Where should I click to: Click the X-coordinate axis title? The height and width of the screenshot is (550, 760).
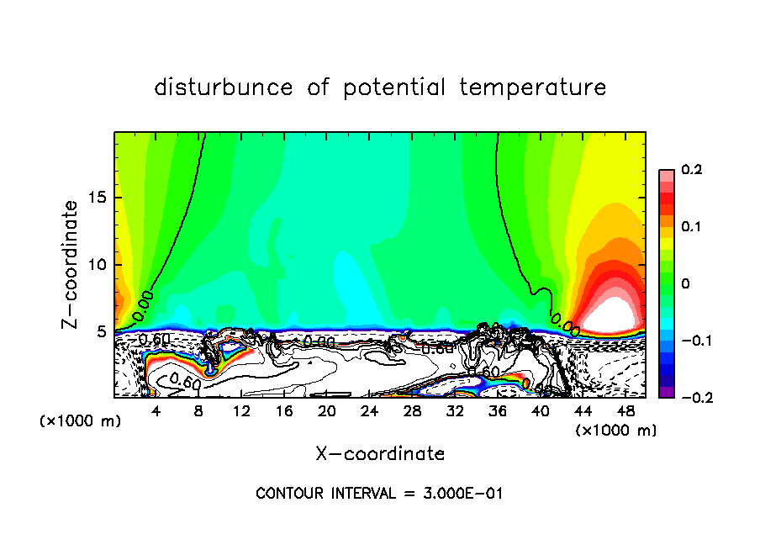[x=380, y=454]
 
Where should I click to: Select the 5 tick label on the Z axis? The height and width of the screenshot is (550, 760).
[x=103, y=331]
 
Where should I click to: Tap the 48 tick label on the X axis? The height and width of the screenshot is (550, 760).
[x=625, y=411]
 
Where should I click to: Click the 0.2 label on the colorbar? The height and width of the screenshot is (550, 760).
[x=691, y=171]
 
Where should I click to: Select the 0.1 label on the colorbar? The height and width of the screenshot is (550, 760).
[x=691, y=227]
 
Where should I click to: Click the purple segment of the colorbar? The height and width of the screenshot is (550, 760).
[x=666, y=391]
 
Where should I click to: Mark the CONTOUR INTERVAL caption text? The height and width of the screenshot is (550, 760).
[x=379, y=493]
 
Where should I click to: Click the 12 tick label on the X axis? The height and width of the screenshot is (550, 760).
[x=241, y=411]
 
